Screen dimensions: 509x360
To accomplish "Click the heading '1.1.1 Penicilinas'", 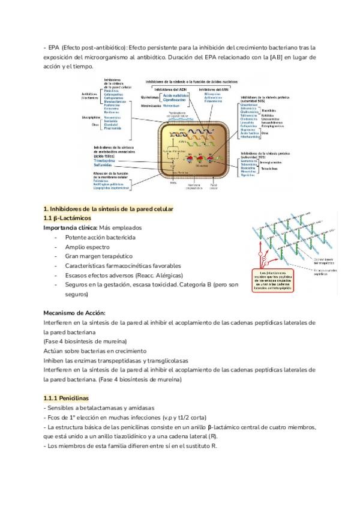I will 65,398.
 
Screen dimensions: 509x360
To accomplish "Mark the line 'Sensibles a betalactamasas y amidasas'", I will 98,408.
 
